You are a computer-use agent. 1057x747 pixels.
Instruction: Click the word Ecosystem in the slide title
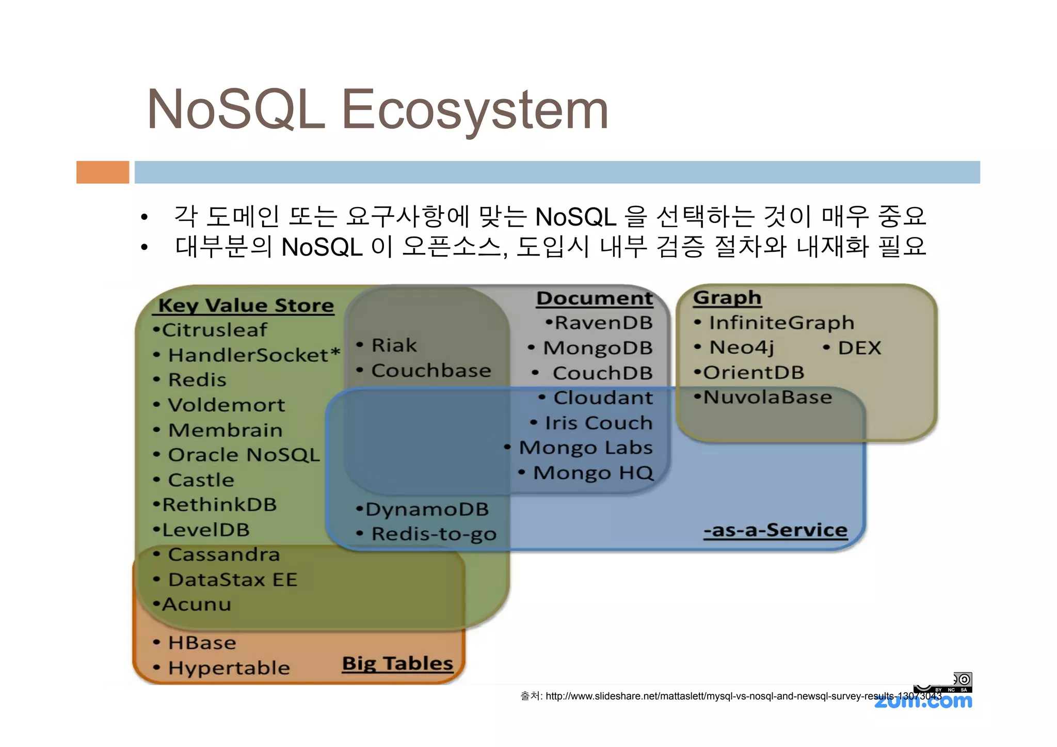(x=475, y=109)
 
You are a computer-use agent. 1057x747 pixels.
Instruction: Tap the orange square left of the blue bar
(x=103, y=172)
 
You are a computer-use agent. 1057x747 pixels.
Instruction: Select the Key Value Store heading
(x=246, y=305)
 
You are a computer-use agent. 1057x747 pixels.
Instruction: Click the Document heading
(x=595, y=298)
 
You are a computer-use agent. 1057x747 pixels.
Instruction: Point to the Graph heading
(x=727, y=297)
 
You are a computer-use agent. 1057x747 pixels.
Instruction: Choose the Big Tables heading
(x=397, y=663)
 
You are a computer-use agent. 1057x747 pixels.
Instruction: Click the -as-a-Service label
(x=775, y=530)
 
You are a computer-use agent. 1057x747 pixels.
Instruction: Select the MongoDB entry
(x=597, y=348)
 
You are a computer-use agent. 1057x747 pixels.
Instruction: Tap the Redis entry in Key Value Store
(x=197, y=380)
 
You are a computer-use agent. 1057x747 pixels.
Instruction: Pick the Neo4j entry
(x=741, y=347)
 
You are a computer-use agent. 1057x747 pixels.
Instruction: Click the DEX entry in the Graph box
(x=859, y=348)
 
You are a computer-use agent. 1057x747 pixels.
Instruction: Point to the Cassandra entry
(x=223, y=554)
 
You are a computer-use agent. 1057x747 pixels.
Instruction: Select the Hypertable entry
(x=229, y=668)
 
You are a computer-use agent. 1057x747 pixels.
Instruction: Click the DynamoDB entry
(x=426, y=510)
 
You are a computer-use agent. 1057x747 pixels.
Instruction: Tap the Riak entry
(x=394, y=345)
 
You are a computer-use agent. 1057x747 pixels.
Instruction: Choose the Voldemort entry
(x=226, y=405)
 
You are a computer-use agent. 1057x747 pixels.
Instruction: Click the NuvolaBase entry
(x=767, y=398)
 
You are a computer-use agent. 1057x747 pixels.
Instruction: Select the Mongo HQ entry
(x=592, y=473)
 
